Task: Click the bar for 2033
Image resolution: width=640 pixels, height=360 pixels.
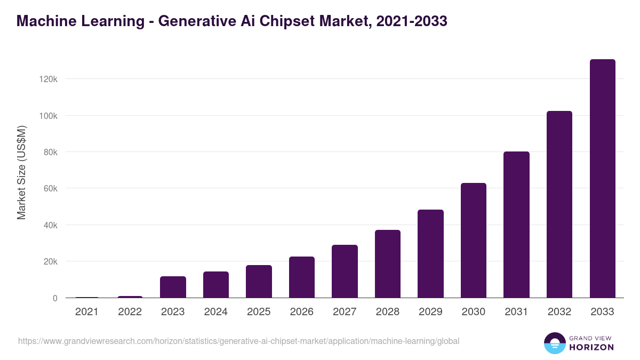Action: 602,179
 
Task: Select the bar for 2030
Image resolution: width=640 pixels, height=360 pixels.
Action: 474,241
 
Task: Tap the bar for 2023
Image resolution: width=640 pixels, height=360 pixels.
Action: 173,287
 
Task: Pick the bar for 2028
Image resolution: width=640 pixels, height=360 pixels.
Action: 388,264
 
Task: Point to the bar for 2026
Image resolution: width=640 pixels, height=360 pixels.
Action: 302,277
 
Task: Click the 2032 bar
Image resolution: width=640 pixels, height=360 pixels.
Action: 559,204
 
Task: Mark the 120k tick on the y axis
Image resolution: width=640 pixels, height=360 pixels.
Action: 47,79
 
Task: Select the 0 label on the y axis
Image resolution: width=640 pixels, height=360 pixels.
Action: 54,298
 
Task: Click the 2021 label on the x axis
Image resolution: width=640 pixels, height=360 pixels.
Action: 87,312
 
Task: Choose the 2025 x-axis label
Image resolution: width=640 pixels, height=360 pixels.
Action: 259,312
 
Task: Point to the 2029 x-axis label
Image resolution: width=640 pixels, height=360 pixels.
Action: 430,312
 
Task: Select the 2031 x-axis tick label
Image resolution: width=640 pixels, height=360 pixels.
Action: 516,312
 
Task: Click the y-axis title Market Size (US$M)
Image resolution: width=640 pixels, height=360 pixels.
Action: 21,173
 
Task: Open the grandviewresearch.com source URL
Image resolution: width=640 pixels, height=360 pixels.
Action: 238,341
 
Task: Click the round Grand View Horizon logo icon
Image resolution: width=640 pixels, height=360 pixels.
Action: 554,343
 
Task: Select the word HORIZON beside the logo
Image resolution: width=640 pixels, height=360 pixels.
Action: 591,347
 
